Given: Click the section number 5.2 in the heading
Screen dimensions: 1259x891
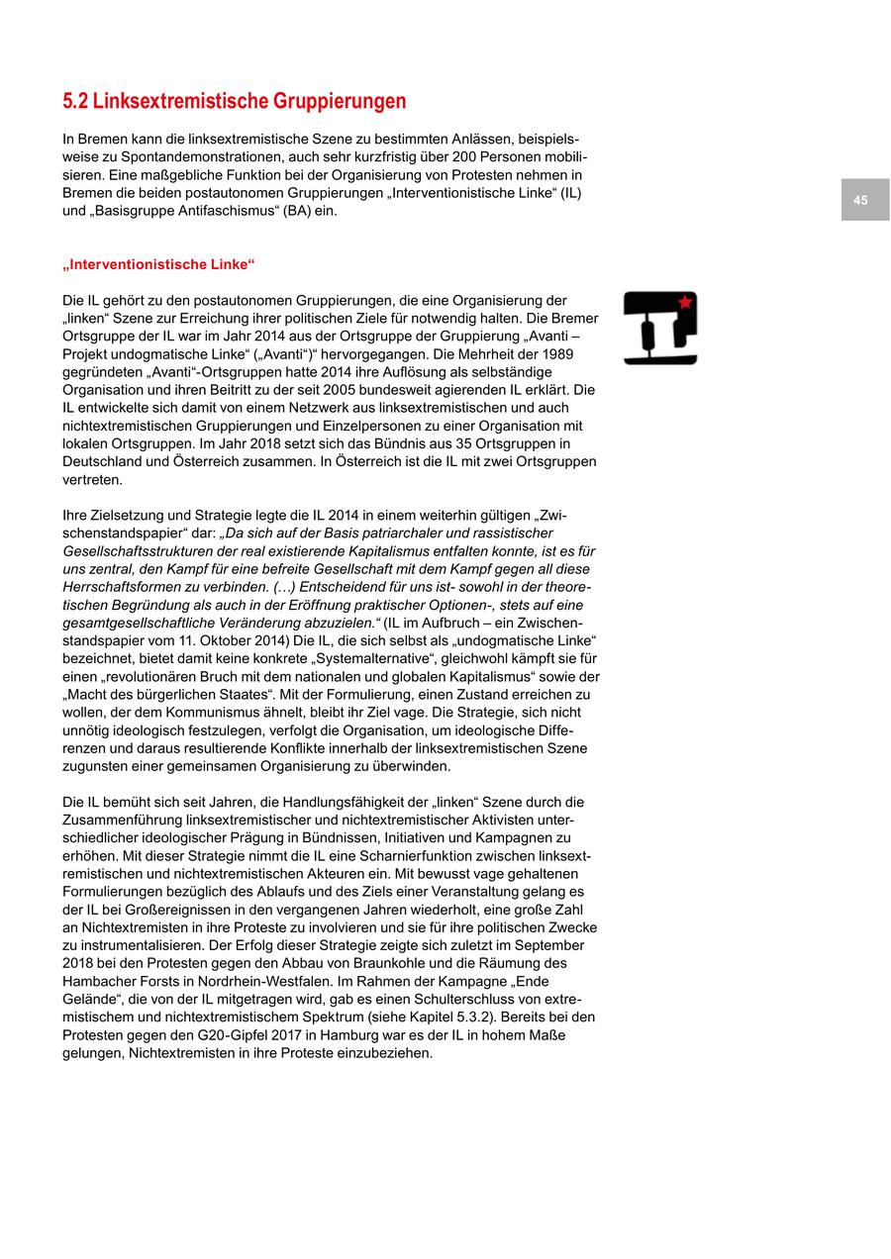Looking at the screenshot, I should pos(75,102).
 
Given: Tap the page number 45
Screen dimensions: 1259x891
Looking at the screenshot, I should pos(860,200).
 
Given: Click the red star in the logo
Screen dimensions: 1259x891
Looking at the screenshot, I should pos(684,302).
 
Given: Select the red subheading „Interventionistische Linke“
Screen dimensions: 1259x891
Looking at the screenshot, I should pos(158,264).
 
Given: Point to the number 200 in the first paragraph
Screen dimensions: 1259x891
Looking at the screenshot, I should pos(464,156).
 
